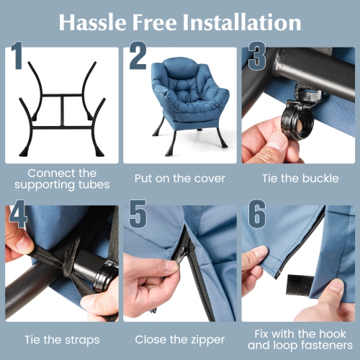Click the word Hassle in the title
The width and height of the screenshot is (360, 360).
(x=93, y=22)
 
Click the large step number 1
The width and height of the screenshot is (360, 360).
(x=16, y=55)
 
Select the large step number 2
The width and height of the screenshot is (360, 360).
(x=138, y=55)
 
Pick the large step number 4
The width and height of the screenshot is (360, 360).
(x=18, y=214)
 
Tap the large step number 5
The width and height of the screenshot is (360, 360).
(x=138, y=214)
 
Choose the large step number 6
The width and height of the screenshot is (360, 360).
(x=257, y=214)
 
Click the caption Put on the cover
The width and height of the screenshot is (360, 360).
(x=180, y=179)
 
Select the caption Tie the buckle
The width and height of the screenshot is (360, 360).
(x=300, y=179)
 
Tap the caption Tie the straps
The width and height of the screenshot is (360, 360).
(x=62, y=340)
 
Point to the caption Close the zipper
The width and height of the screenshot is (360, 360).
(x=180, y=340)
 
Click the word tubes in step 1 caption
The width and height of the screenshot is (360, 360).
(x=94, y=185)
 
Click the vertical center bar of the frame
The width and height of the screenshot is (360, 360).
(x=63, y=111)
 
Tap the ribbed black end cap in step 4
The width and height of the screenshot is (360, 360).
(x=107, y=276)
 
